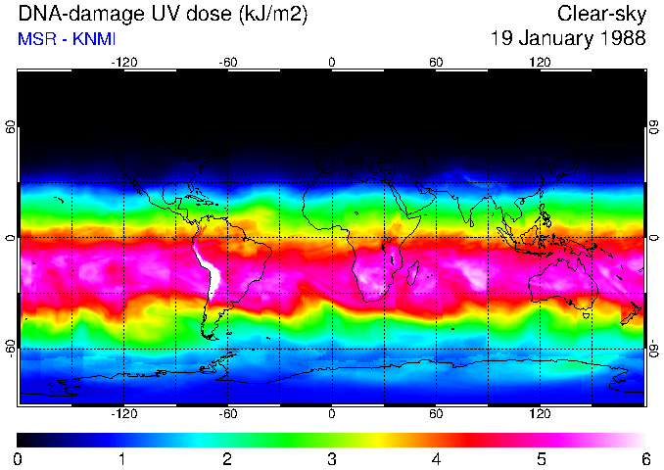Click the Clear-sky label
(601, 14)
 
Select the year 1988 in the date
(624, 39)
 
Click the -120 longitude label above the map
(124, 62)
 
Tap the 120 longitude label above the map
(540, 62)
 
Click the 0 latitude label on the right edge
(653, 238)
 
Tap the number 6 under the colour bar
(645, 458)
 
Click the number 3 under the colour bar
(331, 458)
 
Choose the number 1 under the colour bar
(121, 458)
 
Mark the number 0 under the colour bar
(19, 458)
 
